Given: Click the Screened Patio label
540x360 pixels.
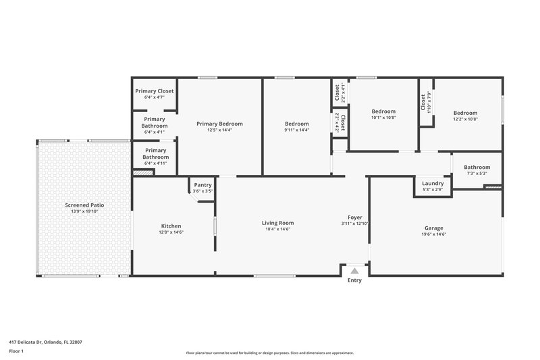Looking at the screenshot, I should [x=84, y=205].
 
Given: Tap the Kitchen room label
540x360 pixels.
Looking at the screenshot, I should [x=171, y=226].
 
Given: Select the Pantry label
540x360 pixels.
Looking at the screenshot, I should [x=202, y=185].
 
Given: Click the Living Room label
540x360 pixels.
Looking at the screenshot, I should [x=277, y=223].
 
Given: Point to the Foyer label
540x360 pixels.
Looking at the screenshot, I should [x=355, y=217].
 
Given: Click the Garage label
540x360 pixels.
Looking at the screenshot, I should [x=434, y=228].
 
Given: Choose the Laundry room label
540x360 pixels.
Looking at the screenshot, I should [x=433, y=183].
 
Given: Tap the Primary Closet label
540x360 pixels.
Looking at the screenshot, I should [x=155, y=91].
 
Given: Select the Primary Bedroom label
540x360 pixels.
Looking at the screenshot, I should [x=219, y=124].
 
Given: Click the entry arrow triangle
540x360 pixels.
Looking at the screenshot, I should [x=354, y=270].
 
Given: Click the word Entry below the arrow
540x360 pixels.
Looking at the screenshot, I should [x=354, y=280].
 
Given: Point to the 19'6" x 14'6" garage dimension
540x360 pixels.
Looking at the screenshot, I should [x=434, y=234].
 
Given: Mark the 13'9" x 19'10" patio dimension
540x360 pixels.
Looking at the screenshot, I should [x=84, y=211].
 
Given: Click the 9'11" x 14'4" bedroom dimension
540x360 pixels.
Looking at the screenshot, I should [x=296, y=130].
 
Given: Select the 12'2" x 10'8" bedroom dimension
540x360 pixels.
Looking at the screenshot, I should [x=465, y=119].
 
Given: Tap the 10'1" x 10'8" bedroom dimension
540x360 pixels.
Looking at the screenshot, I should [x=383, y=118].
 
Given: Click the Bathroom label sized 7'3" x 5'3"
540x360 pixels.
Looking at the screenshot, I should [x=477, y=168].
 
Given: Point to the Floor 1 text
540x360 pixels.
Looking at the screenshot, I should [x=16, y=351].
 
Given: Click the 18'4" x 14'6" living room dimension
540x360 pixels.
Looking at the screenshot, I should [x=277, y=230].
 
